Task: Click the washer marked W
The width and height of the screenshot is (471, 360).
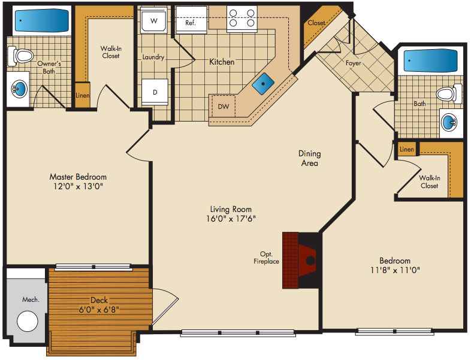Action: [x=154, y=20]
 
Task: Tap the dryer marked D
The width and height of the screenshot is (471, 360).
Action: [x=155, y=92]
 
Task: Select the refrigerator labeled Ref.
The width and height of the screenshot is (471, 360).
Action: [x=191, y=20]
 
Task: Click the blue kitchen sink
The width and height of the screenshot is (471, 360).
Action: [x=263, y=84]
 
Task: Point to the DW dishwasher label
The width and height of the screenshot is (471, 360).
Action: [x=223, y=106]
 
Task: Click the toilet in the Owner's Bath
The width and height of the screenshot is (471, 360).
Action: [x=20, y=56]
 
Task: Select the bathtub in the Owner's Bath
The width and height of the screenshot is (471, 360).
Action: [x=42, y=21]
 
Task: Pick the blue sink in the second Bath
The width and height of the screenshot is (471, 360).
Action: [x=449, y=123]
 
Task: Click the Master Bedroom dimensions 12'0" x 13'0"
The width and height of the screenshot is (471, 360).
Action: [x=78, y=186]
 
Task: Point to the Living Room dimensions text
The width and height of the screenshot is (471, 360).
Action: [x=231, y=219]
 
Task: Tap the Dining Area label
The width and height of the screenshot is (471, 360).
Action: [x=310, y=158]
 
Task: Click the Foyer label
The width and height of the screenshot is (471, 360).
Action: [x=354, y=63]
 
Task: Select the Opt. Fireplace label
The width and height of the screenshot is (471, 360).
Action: [x=266, y=258]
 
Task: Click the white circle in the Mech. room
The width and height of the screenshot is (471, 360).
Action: [x=28, y=321]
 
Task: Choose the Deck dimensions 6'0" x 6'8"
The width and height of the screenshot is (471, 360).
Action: [x=99, y=310]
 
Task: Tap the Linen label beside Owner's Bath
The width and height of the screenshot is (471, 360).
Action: [x=83, y=95]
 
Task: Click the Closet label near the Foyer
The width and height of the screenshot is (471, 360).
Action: [x=316, y=23]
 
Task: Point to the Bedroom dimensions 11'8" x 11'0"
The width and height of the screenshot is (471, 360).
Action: [x=395, y=270]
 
